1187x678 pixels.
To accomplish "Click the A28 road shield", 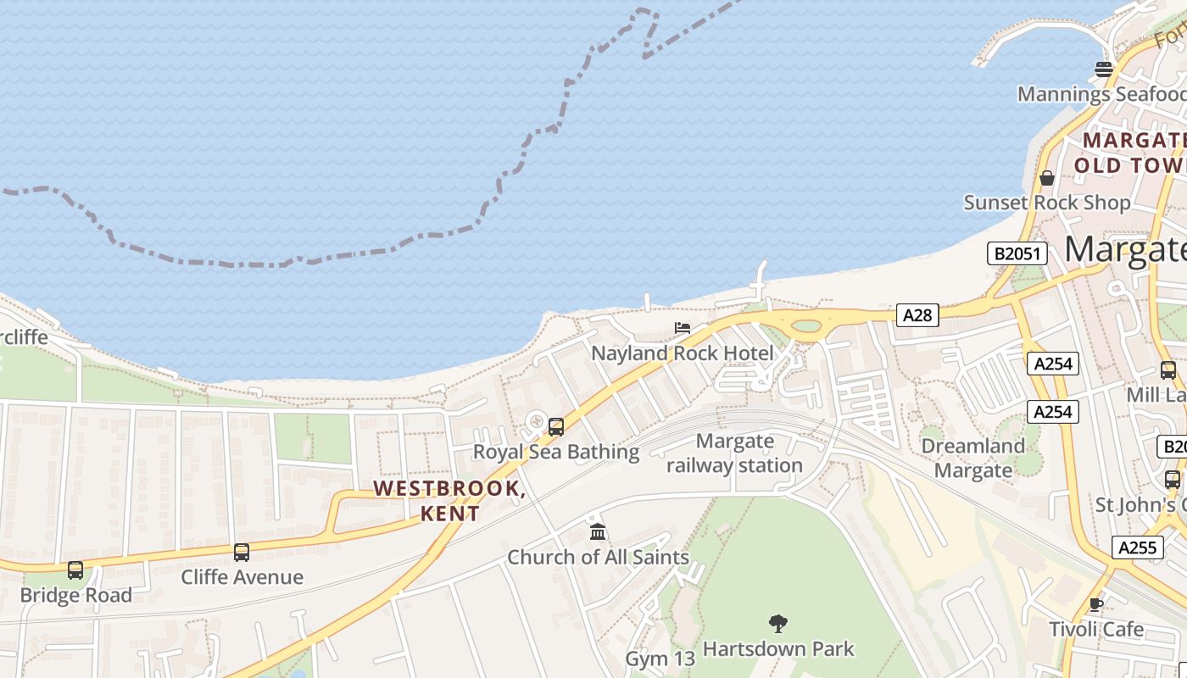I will point(917,315).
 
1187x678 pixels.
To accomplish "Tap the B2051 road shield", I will point(1017,253).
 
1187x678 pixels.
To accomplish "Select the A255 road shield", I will point(1137,547).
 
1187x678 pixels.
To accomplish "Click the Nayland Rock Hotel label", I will point(683,353).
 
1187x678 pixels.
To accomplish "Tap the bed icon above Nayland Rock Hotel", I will point(683,328).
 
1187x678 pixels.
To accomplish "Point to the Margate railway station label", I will point(734,453).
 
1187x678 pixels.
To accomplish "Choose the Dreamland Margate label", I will point(972,458).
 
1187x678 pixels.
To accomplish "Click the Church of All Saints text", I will point(598,557).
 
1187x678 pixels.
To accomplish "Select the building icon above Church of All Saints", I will point(598,532).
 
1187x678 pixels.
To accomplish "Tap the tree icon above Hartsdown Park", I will point(778,625).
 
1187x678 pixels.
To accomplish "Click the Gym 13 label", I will point(660,659).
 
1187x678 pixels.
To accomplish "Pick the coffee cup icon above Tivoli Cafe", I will point(1096,604).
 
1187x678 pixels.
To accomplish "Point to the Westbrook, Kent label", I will point(449,500).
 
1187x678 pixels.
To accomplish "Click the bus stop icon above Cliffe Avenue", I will point(242,553).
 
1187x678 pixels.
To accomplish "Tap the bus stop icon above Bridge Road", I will point(75,570).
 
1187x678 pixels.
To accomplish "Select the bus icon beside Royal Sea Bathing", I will point(556,427).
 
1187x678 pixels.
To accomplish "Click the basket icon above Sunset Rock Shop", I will point(1047,178).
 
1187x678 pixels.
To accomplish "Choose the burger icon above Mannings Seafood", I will point(1103,69).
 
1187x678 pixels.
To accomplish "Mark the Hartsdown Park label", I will point(778,649).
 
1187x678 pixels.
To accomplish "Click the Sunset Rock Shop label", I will point(1047,203).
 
